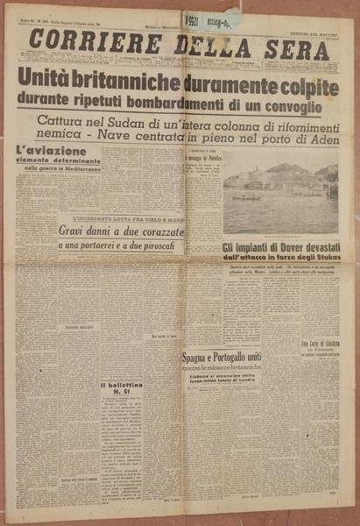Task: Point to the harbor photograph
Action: tap(279, 197)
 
